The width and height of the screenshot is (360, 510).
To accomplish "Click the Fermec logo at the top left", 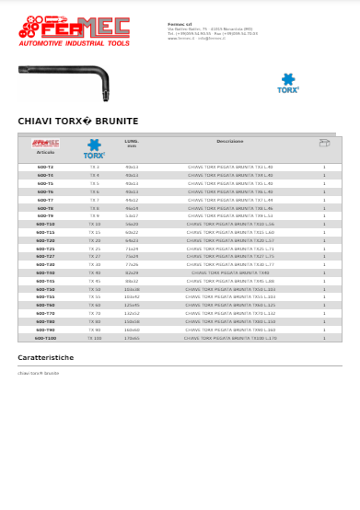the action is (x=75, y=30).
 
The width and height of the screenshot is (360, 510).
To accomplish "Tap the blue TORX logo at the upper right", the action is (x=289, y=84).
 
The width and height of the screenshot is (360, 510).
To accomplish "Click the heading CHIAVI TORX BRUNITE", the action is (x=78, y=121).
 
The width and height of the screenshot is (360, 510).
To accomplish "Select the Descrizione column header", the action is (x=230, y=142).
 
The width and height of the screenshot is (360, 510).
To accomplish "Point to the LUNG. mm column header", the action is (x=132, y=144).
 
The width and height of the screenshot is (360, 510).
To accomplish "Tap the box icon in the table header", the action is (x=324, y=144).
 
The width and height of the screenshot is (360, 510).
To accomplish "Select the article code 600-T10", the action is (x=45, y=224).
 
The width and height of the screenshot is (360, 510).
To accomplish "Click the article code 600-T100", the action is (x=45, y=338).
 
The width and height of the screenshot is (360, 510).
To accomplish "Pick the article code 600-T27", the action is (x=45, y=256).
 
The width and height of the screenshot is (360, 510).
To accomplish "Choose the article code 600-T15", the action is (x=45, y=232).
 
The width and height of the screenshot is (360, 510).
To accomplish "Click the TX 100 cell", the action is (x=95, y=338).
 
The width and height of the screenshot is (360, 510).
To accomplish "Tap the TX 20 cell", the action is (x=95, y=240).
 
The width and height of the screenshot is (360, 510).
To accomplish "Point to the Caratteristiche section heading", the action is (x=46, y=357).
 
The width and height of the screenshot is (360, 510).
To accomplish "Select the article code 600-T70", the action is (x=45, y=313).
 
